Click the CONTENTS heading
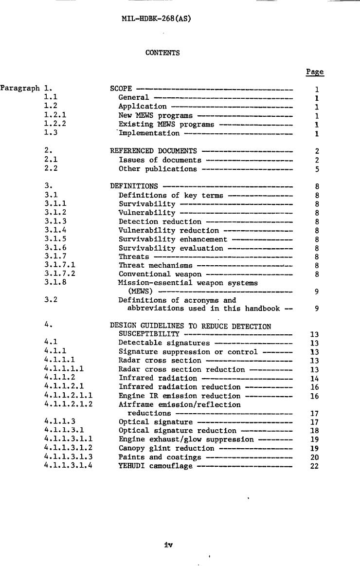point(162,53)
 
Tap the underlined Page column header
point(315,72)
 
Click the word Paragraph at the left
point(20,89)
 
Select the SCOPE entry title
point(121,89)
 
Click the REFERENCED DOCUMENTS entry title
point(154,151)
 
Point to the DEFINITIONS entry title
point(134,186)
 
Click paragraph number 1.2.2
point(55,125)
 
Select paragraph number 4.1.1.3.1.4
point(68,466)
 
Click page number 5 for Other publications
point(317,169)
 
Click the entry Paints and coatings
point(160,457)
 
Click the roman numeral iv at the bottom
point(169,545)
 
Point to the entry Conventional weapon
point(160,274)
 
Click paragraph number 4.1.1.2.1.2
point(68,404)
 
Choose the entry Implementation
point(149,133)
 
